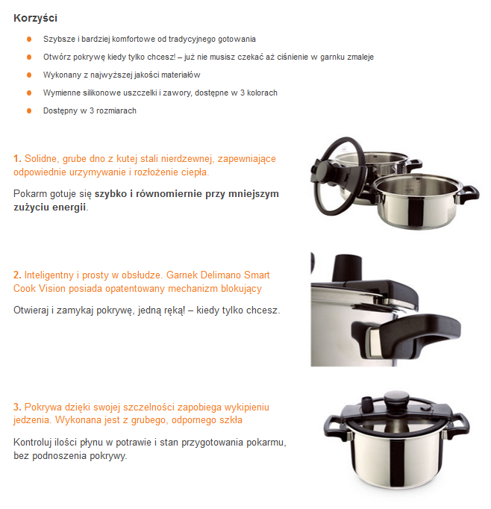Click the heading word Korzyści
point(35,18)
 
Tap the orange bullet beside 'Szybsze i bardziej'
point(29,39)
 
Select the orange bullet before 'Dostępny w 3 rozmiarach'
point(29,110)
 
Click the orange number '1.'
point(17,159)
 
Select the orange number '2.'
point(17,275)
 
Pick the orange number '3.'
point(17,407)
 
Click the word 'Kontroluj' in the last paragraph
point(32,443)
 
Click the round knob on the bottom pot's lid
point(397,399)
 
